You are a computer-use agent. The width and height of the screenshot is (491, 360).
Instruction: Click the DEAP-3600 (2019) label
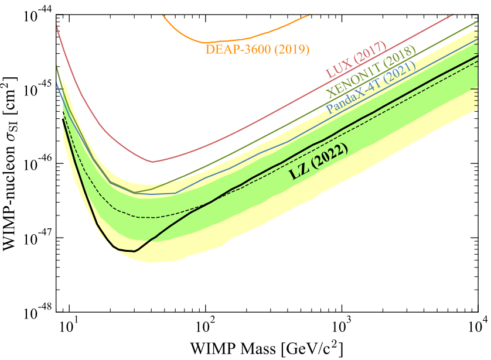click(257, 50)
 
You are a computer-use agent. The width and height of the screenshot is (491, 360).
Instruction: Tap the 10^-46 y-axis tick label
click(35, 163)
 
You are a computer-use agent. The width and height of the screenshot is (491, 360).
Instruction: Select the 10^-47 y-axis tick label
click(35, 238)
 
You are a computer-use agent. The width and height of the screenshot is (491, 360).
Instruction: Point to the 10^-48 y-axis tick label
click(35, 312)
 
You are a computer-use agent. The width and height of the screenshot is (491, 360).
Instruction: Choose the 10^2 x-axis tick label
click(205, 324)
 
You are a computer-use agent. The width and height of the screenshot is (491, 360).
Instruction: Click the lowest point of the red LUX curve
click(152, 162)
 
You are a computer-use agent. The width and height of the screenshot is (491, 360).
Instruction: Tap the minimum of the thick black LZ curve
click(134, 251)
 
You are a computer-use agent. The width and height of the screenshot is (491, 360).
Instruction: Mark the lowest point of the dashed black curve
click(152, 218)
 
